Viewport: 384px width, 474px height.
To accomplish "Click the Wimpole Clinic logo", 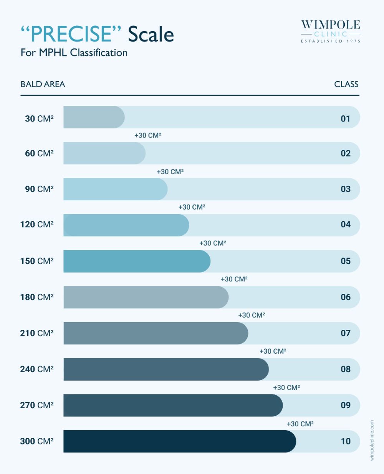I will click(331, 31).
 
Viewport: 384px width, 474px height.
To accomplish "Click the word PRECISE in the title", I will click(71, 34).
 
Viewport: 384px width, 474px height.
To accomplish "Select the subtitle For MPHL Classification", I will click(74, 53).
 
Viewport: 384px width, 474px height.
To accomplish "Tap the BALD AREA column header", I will click(43, 84).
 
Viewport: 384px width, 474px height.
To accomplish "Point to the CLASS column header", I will click(346, 84).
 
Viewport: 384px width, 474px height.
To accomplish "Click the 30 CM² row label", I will click(39, 119).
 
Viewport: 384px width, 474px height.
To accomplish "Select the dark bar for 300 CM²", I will click(179, 441).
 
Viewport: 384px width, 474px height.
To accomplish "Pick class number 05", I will click(346, 261).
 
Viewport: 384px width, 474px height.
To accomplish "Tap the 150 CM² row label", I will click(37, 261).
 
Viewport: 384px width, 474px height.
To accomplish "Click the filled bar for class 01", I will click(94, 117).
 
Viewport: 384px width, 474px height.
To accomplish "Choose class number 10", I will click(346, 441).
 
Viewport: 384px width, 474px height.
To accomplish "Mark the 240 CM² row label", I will click(37, 369).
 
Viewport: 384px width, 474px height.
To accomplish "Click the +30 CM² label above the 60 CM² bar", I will click(148, 135).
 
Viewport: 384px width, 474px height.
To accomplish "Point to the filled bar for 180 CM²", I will click(146, 297).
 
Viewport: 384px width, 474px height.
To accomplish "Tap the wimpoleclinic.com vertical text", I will click(372, 440).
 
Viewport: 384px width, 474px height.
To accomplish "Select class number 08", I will click(346, 369).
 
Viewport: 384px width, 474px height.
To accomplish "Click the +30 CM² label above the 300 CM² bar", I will click(300, 424).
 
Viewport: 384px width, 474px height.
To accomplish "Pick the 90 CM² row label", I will click(39, 189).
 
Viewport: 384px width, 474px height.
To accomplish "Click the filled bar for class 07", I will click(156, 333).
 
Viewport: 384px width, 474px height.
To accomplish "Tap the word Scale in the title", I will click(151, 34).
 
